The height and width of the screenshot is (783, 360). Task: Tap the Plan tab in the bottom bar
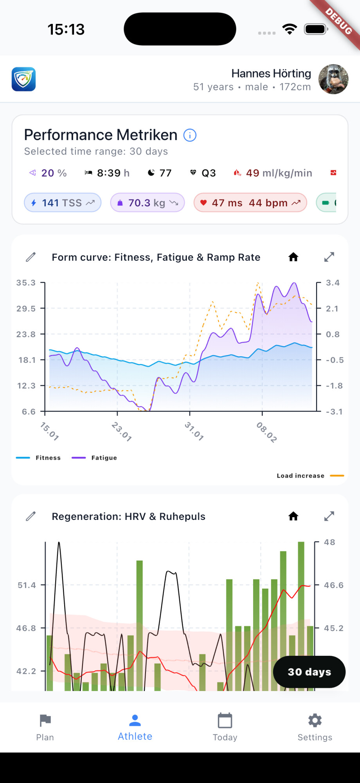point(45,727)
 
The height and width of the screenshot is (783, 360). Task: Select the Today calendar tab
point(225,727)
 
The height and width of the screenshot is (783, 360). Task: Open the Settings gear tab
point(315,727)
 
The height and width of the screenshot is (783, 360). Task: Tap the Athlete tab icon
point(135,720)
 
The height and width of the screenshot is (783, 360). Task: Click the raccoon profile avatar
point(333,79)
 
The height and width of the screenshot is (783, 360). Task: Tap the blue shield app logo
point(23,79)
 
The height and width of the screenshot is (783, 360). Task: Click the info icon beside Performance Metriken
point(190,135)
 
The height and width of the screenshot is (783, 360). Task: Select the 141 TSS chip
point(63,203)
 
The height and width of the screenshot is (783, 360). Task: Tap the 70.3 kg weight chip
point(148,203)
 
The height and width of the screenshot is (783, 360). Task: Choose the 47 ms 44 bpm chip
point(250,203)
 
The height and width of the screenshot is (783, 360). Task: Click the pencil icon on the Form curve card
point(31,257)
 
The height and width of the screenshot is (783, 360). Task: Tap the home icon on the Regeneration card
point(293,516)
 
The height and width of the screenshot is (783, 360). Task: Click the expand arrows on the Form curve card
point(329,257)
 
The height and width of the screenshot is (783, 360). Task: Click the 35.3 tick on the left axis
point(26,283)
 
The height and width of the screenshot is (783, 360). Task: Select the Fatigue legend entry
point(95,458)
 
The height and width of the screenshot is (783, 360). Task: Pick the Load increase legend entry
point(309,476)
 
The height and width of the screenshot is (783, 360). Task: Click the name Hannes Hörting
point(271,74)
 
